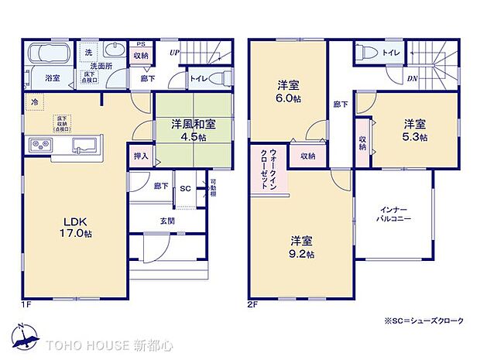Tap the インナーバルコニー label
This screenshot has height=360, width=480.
tap(395, 214)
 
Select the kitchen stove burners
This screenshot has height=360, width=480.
tap(39, 145)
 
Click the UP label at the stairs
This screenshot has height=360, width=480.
tap(175, 52)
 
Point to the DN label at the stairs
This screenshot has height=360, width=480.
tap(413, 78)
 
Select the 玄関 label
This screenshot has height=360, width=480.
tap(166, 221)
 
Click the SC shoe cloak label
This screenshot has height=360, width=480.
tap(185, 188)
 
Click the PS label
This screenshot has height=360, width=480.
tap(140, 43)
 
